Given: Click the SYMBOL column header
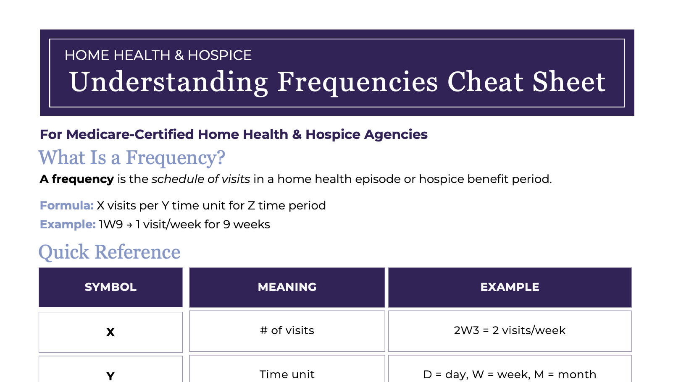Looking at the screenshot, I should point(110,287).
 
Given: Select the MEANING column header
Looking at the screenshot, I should point(287,287).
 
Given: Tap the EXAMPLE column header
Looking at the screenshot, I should point(510,287).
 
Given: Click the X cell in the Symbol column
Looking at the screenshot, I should point(110,332).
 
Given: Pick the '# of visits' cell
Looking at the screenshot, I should point(287,331).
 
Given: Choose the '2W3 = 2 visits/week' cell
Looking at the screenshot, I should point(510,331).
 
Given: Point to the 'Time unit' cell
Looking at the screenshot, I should point(287,374).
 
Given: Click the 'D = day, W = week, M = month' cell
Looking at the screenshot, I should point(510,374).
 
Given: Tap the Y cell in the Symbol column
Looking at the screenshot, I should point(110,375).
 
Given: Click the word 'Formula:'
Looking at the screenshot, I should point(66,206).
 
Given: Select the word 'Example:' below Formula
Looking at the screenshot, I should point(68,225).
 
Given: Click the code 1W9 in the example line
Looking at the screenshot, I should point(111,225).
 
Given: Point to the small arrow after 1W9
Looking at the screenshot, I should point(129,225).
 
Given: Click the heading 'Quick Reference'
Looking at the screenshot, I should point(109,252).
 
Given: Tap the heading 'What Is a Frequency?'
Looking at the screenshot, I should point(131,158).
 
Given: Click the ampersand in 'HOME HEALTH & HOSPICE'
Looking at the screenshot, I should point(179,55).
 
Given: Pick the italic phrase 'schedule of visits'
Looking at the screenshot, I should point(201,179).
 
